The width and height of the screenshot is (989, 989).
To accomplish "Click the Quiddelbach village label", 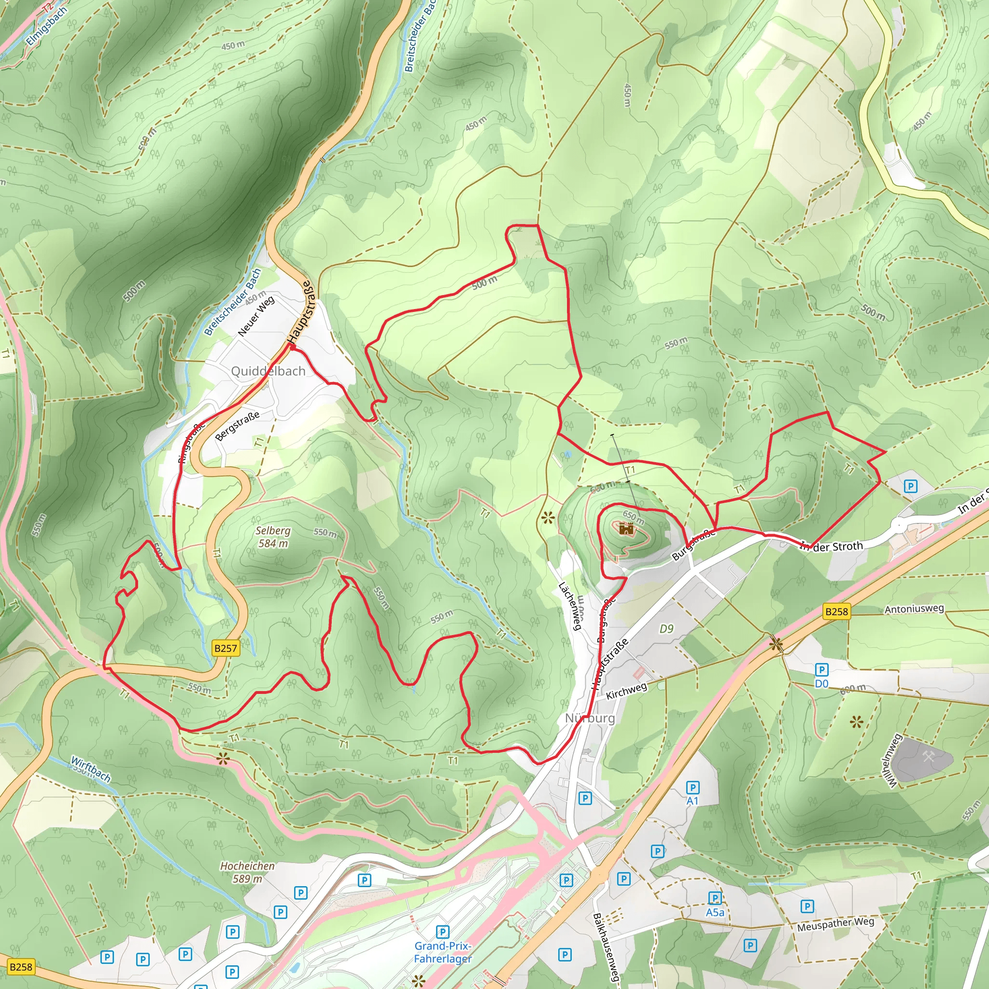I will (268, 371).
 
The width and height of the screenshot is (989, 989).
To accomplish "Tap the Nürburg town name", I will (590, 718).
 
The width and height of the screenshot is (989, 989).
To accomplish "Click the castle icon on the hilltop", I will (626, 528).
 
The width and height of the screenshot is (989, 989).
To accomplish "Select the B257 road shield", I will (226, 648).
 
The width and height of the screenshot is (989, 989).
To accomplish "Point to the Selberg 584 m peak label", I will (273, 537).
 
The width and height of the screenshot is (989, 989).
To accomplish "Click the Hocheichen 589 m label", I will (247, 872).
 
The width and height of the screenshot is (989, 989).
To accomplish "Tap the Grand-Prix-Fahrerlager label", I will (443, 952).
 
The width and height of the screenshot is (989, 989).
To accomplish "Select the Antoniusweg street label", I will (914, 609).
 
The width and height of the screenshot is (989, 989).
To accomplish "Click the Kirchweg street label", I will (626, 691).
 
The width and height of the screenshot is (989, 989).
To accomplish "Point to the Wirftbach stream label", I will (91, 769).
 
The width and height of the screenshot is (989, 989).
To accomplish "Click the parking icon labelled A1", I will (692, 788).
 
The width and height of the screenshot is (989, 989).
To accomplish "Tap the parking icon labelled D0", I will (821, 670).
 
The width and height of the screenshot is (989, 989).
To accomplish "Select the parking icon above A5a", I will (715, 897).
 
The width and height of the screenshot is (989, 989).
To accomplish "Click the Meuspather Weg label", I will (835, 924).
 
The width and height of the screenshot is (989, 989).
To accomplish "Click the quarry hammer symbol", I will (928, 757).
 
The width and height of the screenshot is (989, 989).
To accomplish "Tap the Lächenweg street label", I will (570, 606).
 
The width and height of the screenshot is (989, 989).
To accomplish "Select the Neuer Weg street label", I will (256, 316).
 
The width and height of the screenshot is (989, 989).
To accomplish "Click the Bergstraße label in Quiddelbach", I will (237, 426).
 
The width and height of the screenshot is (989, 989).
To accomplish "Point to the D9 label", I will (666, 628).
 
